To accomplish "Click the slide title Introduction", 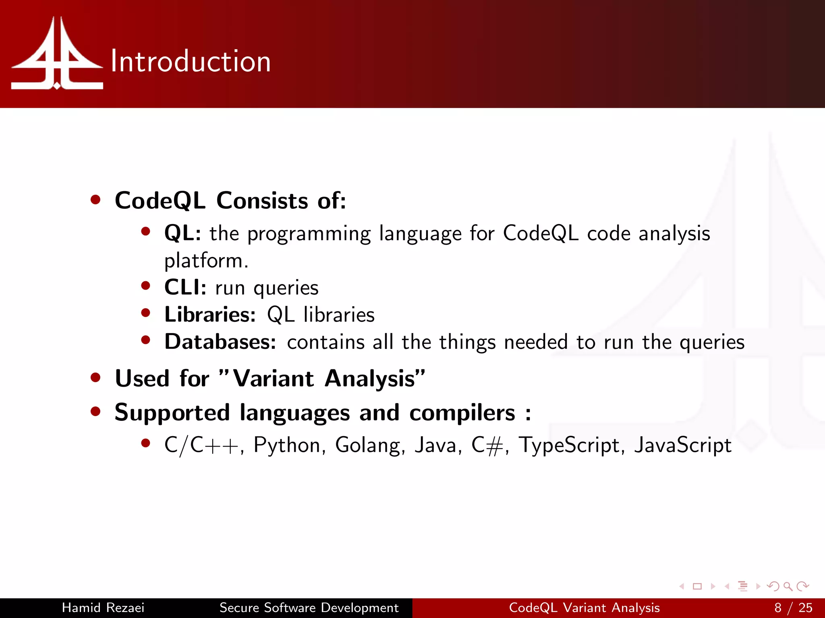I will tap(191, 62).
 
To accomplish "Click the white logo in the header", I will tap(57, 54).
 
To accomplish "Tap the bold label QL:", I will tap(182, 233).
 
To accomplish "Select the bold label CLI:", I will tap(185, 287).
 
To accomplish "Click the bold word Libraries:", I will tap(210, 315).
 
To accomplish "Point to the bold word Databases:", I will tap(220, 342).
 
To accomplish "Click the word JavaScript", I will tap(683, 445).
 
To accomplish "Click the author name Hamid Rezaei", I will tap(103, 608).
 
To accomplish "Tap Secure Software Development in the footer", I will tap(309, 608).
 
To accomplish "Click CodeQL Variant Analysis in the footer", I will tap(584, 608).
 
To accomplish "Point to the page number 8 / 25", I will tap(793, 608).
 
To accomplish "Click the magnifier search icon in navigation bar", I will tap(788, 586).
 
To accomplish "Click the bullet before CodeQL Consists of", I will tap(95, 200).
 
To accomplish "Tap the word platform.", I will tap(206, 261).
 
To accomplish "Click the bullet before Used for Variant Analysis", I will tap(95, 377).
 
